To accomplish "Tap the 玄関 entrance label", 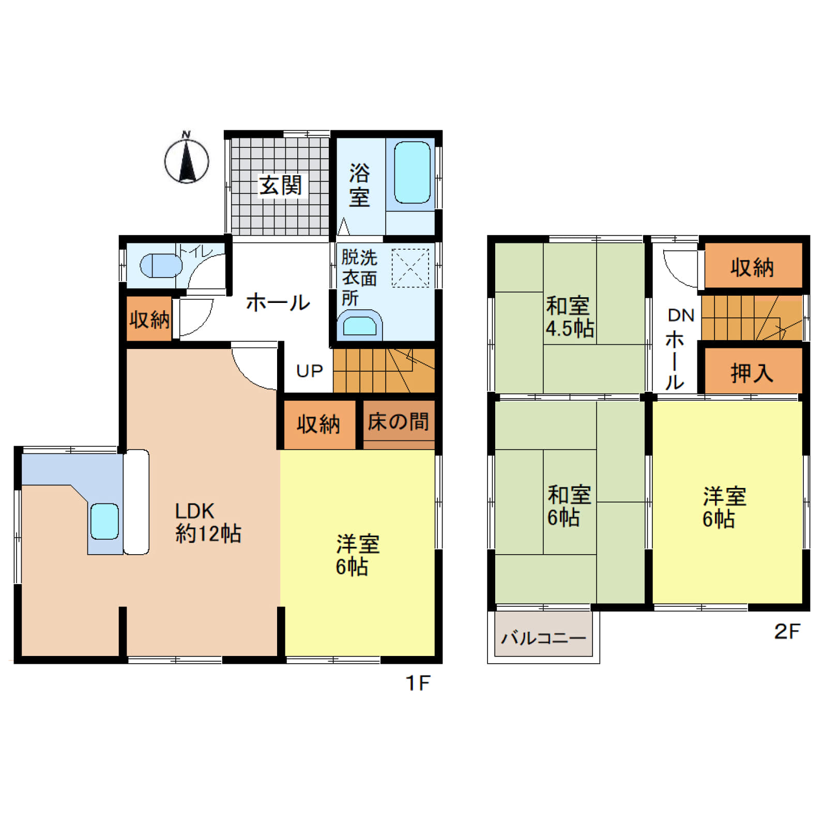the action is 280,185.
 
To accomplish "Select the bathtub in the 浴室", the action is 412,172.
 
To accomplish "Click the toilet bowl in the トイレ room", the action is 161,266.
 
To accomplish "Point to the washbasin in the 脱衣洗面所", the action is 360,325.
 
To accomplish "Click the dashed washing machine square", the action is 410,268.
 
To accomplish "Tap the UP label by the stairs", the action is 309,371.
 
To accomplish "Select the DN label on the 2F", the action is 681,315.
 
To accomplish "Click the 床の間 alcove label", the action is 398,422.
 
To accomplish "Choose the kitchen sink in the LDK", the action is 104,521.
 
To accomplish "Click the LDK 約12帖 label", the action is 208,522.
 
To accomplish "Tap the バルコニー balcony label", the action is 543,638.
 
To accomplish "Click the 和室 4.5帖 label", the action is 570,317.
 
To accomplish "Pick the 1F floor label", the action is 418,683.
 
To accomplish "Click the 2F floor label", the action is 787,631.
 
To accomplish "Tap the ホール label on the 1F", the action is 278,302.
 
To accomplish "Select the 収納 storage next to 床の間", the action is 318,424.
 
